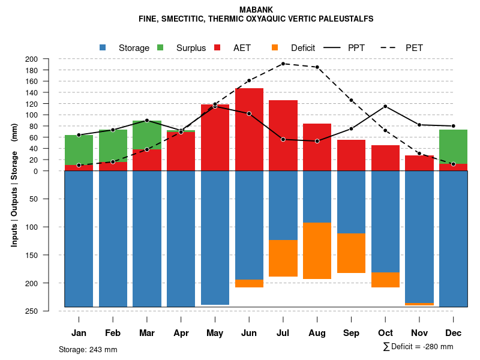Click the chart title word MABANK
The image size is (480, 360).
click(256, 10)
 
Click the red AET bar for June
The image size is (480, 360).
click(249, 129)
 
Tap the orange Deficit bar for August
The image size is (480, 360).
click(317, 251)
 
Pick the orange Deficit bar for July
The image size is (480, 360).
click(283, 258)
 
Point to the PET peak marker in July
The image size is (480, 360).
click(283, 64)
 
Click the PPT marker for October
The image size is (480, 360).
click(385, 106)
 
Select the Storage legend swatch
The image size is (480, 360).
click(103, 48)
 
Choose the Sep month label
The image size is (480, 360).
click(351, 333)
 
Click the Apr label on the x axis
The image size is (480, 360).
click(181, 333)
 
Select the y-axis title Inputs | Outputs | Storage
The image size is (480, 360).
click(14, 185)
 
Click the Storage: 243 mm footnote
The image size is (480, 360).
click(88, 349)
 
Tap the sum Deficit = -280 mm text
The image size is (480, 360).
click(418, 347)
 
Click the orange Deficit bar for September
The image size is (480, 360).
click(351, 253)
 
